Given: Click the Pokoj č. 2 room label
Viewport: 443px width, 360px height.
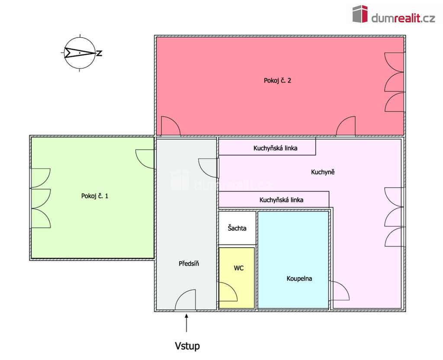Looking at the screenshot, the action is tap(277, 81).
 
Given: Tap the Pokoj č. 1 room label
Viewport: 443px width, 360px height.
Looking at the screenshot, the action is tap(95, 196).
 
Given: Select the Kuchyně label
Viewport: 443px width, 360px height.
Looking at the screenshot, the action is tap(323, 172).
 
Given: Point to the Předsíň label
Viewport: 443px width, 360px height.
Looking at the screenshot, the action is tap(189, 264).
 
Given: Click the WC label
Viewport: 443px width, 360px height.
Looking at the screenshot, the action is tap(239, 268).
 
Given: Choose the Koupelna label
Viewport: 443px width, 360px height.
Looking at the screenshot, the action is tap(299, 279).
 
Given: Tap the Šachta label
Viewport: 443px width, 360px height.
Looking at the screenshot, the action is tap(237, 228).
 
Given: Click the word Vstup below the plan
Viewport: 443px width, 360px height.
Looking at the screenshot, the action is tap(187, 346).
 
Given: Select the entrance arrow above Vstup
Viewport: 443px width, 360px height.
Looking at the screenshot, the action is tap(186, 323).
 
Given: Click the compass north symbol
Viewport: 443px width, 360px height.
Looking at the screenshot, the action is tap(80, 53).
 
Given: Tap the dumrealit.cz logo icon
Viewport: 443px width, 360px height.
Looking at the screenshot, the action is tap(360, 14).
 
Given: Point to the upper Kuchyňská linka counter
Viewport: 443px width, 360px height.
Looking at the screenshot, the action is tap(267, 147).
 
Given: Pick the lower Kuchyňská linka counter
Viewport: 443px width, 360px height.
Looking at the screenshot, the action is tap(274, 200).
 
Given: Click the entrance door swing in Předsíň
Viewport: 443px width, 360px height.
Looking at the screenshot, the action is tap(185, 300).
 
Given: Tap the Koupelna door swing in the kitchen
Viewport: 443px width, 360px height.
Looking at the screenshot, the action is tap(340, 290).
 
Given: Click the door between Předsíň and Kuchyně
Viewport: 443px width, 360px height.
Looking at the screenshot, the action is tap(209, 168).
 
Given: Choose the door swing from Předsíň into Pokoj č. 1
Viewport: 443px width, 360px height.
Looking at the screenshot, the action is tap(145, 159).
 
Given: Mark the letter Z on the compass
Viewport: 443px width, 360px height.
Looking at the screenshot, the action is tap(99, 53).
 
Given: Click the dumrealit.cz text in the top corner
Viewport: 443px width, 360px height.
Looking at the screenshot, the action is tap(403, 18).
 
